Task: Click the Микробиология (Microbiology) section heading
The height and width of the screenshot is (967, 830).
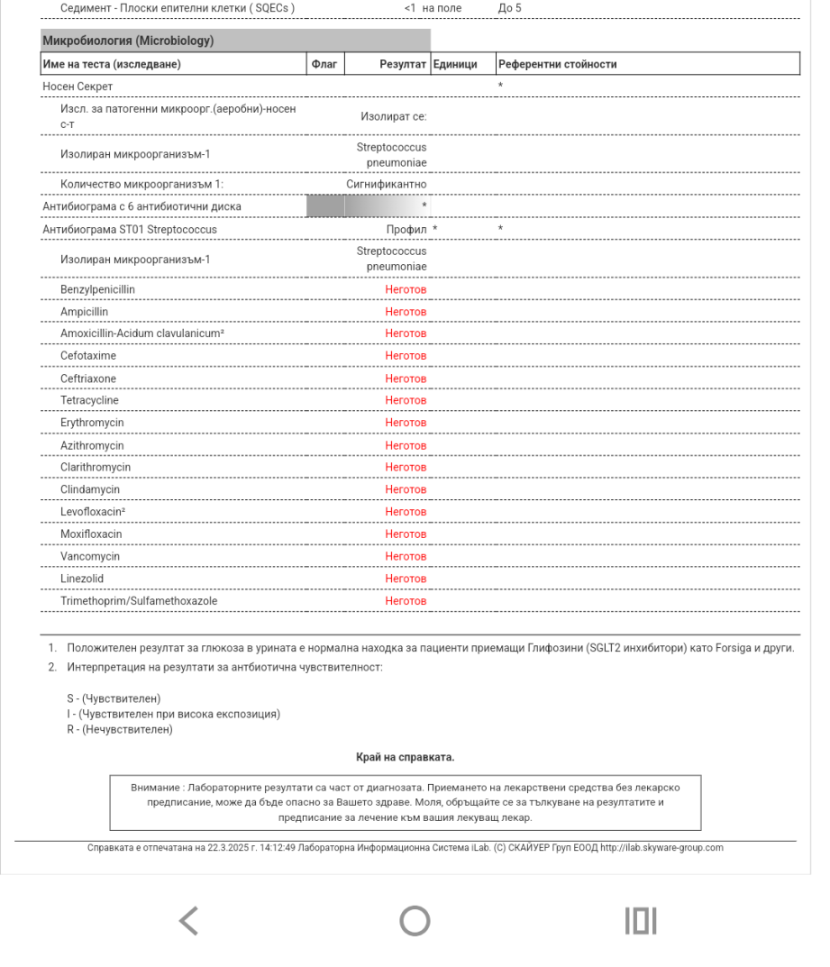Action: (127, 41)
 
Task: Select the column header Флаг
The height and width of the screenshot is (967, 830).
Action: (323, 64)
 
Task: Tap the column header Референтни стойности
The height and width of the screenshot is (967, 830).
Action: (558, 64)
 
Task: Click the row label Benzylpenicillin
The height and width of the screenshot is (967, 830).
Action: (98, 289)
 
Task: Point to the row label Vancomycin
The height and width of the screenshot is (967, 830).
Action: (90, 557)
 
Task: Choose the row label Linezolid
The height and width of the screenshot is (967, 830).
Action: (84, 579)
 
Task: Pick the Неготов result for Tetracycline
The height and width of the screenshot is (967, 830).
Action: (406, 400)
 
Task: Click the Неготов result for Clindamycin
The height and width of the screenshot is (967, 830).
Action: (406, 489)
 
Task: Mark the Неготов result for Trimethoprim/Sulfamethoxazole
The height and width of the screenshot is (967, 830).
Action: (406, 601)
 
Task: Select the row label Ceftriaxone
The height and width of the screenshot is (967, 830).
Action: (88, 379)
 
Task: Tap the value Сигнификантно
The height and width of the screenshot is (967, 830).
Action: (387, 184)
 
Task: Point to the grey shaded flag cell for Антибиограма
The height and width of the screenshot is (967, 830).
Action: (325, 206)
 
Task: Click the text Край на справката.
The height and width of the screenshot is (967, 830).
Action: (406, 757)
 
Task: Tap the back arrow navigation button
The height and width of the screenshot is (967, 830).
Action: (187, 920)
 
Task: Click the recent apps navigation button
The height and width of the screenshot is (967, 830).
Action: (641, 920)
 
